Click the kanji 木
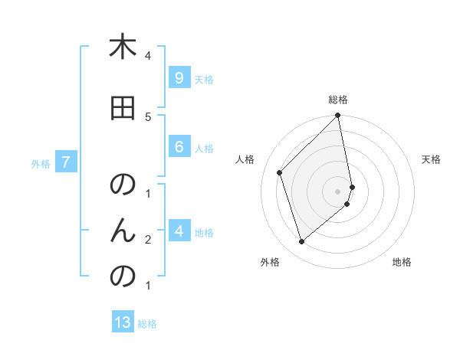tap(123, 47)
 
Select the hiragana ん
tap(123, 230)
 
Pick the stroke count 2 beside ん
tap(148, 240)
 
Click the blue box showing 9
tap(179, 78)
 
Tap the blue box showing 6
tap(179, 147)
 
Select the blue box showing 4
tap(179, 231)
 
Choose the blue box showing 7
tap(67, 162)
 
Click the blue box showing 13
tap(123, 322)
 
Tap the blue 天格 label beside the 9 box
tap(204, 79)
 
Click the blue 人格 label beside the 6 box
tap(204, 148)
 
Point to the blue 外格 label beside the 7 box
tap(41, 163)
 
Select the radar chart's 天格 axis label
tap(431, 159)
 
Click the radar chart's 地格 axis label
tap(402, 262)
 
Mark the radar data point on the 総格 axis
tap(338, 116)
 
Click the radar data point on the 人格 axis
tap(280, 172)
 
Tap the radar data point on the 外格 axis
tap(301, 241)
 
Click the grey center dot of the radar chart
tap(338, 191)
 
